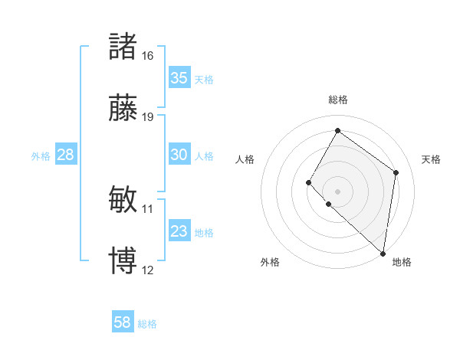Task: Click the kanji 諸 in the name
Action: click(x=123, y=46)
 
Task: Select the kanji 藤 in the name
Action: click(x=123, y=107)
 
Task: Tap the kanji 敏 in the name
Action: click(x=123, y=199)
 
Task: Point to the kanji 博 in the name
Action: click(x=123, y=260)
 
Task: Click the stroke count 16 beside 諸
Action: click(x=147, y=56)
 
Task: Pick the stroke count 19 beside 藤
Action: click(x=147, y=117)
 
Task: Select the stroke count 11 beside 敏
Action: click(x=147, y=208)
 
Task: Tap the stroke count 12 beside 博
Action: click(x=147, y=270)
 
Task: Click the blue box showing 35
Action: click(x=179, y=78)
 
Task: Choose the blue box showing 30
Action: click(x=179, y=155)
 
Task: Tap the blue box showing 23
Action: click(x=179, y=231)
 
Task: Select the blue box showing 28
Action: click(x=66, y=155)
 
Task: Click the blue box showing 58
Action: click(x=123, y=322)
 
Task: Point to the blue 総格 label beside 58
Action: click(x=147, y=324)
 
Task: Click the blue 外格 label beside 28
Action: click(x=41, y=156)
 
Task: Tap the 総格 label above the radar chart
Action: click(x=337, y=100)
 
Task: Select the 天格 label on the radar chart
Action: click(x=431, y=159)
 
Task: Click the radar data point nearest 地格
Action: click(x=383, y=253)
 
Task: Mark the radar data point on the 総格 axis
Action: click(x=337, y=130)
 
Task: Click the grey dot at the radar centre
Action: click(x=337, y=191)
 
